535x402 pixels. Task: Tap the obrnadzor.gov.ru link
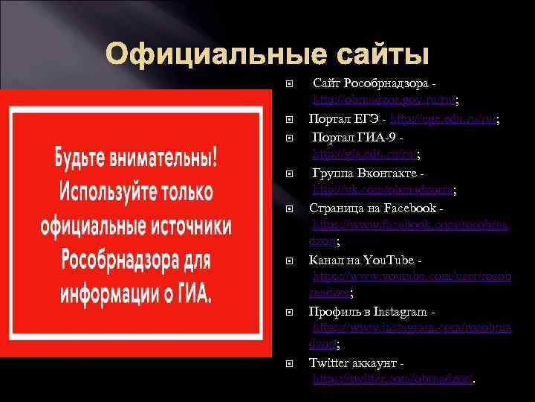[385, 99]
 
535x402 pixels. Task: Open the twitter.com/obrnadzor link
[394, 379]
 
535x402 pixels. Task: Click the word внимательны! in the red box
[173, 158]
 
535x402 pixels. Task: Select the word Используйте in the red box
[110, 191]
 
